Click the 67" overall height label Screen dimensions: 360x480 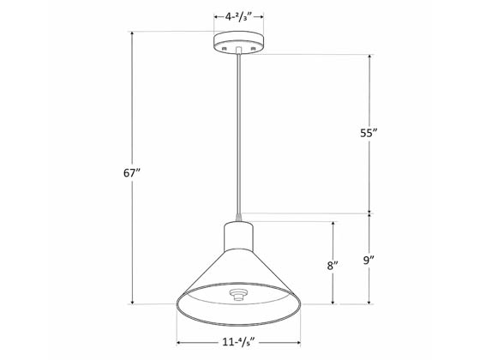click(131, 172)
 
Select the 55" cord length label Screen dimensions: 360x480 click(369, 134)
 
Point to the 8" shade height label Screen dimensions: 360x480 click(333, 266)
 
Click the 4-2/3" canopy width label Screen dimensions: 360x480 click(239, 16)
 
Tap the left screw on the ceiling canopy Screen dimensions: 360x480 click(225, 51)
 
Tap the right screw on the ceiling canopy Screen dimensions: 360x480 click(254, 51)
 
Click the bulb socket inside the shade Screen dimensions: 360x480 click(238, 295)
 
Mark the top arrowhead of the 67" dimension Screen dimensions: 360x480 click(131, 33)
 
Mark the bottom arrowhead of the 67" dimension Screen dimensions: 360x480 click(131, 302)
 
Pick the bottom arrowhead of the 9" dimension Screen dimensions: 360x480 click(369, 302)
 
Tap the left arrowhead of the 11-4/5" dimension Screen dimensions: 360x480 click(178, 329)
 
